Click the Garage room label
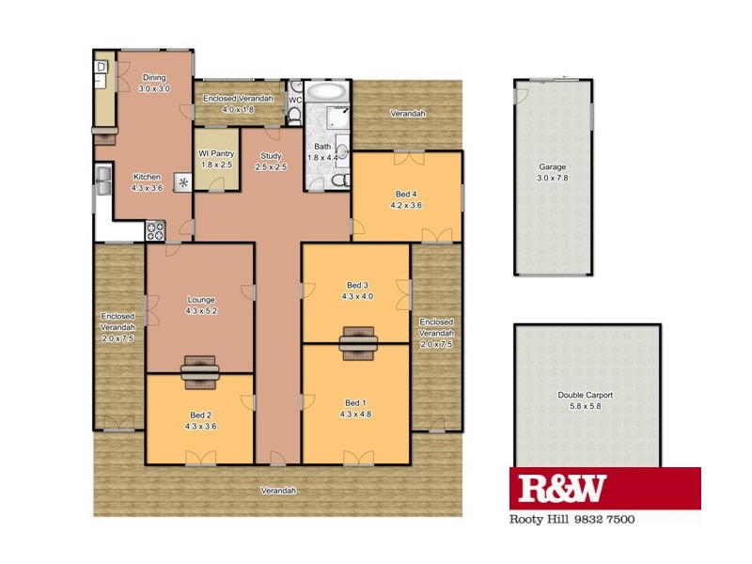pyautogui.click(x=553, y=167)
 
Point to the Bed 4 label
pyautogui.click(x=406, y=195)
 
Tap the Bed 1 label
pyautogui.click(x=354, y=401)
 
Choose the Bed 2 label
pyautogui.click(x=199, y=415)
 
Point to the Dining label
pyautogui.click(x=153, y=78)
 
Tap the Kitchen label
pyautogui.click(x=147, y=177)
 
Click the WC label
pyautogui.click(x=294, y=100)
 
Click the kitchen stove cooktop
pyautogui.click(x=154, y=228)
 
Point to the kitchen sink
pyautogui.click(x=102, y=180)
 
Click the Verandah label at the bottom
pyautogui.click(x=279, y=491)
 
